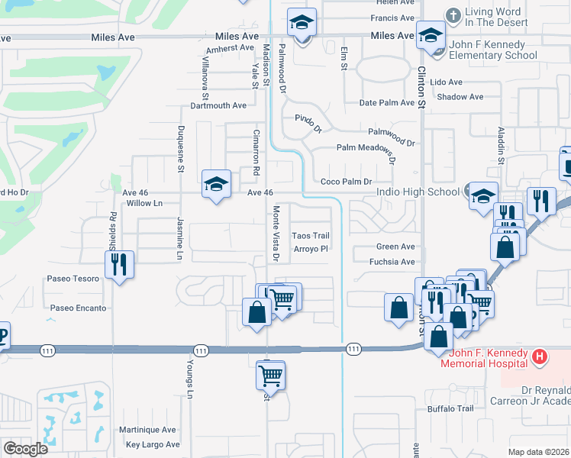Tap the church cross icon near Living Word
tap(453, 15)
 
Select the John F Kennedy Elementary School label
tap(492, 50)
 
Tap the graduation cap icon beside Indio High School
tap(482, 195)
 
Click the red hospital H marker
tap(540, 356)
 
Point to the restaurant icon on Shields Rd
tap(119, 264)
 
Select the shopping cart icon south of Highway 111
tap(270, 375)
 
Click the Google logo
tap(25, 448)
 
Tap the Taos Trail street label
tap(311, 236)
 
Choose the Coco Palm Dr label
tap(346, 182)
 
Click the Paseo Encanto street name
tap(79, 308)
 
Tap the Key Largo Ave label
tap(153, 444)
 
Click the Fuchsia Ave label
tap(391, 262)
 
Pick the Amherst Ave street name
tap(230, 48)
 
